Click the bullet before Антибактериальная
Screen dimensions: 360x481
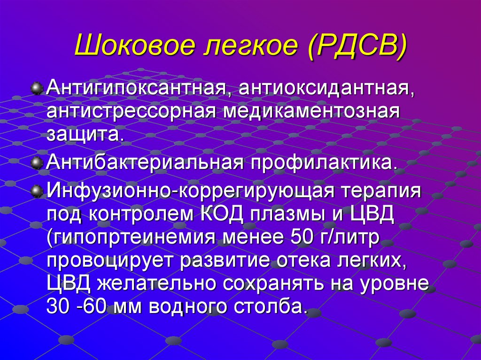(x=36, y=162)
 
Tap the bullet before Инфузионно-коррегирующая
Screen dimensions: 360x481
(x=36, y=191)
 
